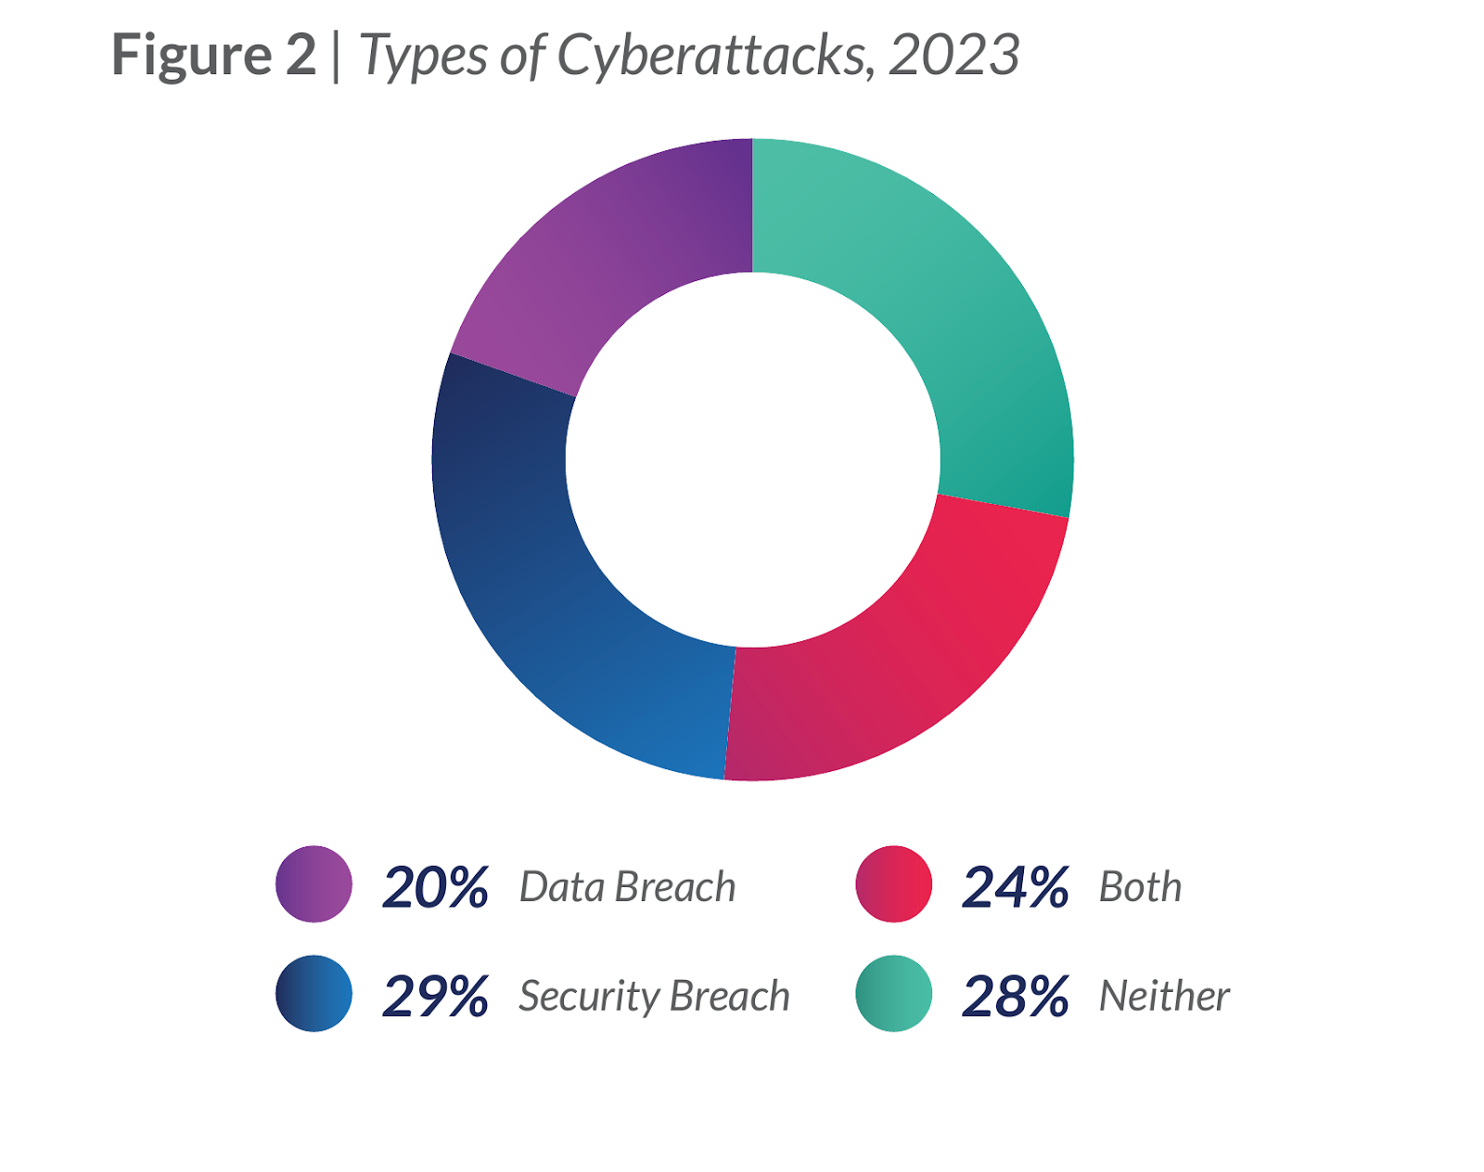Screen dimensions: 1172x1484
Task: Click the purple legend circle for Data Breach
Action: [313, 884]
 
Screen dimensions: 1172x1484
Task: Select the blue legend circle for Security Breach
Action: [313, 994]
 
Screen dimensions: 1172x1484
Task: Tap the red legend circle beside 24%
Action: [893, 884]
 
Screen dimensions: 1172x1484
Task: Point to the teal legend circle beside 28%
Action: [893, 994]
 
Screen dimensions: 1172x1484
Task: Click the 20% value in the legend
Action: [435, 888]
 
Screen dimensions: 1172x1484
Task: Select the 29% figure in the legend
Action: [435, 998]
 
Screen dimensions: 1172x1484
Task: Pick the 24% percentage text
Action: [1015, 888]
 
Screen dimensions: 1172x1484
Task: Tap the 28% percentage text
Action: [1015, 998]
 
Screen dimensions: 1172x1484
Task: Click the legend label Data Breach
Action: [627, 887]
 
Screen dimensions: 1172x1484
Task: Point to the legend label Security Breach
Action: [654, 997]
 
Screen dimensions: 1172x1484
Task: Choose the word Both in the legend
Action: [1140, 887]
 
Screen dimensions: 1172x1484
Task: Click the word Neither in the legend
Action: [1164, 997]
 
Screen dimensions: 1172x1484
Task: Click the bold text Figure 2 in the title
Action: [214, 55]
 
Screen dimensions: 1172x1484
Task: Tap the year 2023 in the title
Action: [953, 56]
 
